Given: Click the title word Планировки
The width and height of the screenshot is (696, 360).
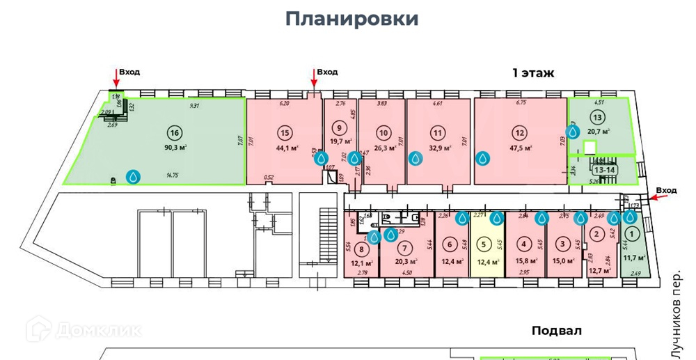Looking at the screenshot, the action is tap(352, 19).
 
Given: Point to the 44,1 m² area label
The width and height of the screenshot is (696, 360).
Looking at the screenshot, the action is tap(287, 147).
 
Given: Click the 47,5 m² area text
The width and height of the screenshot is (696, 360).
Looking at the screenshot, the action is tap(521, 147).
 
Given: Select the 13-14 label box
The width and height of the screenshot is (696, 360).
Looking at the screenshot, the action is tap(603, 169).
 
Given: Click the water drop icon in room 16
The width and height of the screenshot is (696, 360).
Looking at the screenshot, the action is tap(132, 177).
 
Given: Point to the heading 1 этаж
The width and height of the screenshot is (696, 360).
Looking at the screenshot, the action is tap(532, 72).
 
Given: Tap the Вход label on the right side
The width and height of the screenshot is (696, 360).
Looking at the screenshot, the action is tap(666, 190).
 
